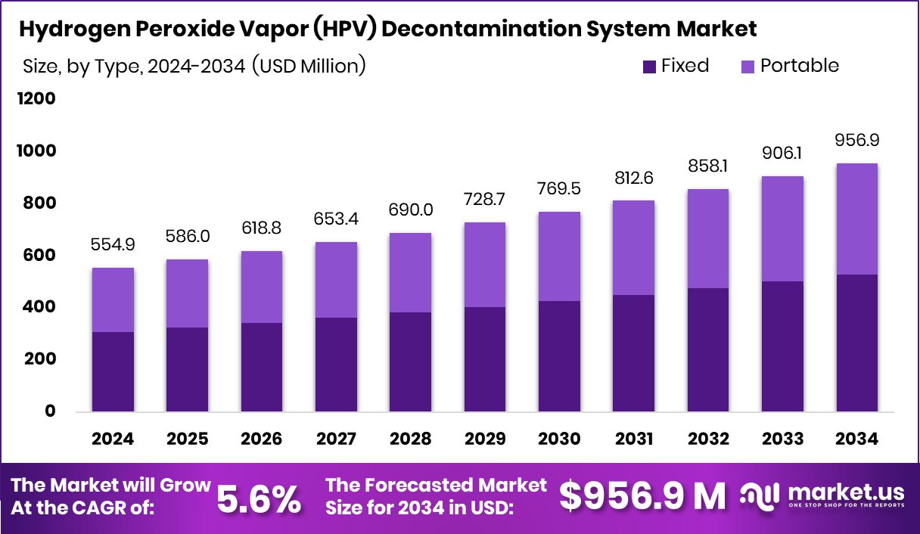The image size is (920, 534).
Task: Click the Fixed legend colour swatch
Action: click(x=649, y=67)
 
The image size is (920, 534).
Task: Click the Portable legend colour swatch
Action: click(x=747, y=67)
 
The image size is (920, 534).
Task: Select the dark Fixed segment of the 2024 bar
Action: click(x=113, y=371)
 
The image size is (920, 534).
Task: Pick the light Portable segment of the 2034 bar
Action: click(x=856, y=219)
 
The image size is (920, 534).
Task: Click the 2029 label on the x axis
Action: click(x=485, y=439)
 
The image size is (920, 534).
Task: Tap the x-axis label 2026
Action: click(x=262, y=439)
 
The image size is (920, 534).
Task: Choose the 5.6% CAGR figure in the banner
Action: click(x=260, y=498)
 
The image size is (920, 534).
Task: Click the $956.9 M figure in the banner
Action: click(x=642, y=496)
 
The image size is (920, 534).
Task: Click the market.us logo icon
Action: click(x=760, y=497)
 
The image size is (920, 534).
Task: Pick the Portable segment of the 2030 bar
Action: click(x=559, y=256)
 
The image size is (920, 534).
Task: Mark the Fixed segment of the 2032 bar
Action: click(x=708, y=349)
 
